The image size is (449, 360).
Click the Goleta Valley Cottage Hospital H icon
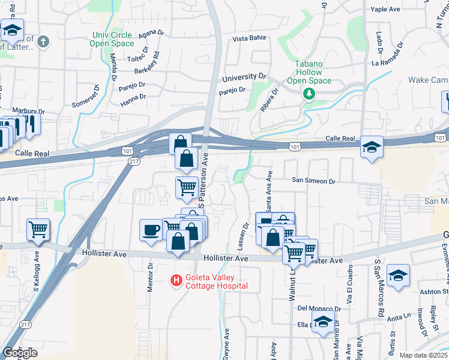coord(176,280)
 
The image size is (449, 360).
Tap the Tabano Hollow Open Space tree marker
coord(309,94)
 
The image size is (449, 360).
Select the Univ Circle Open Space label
coord(112,39)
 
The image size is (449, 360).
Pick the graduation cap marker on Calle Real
coord(372,147)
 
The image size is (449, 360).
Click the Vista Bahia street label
coord(249,39)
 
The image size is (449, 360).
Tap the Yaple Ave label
coord(385,10)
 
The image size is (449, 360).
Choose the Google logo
coord(20,353)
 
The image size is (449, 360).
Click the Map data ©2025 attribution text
coord(423,355)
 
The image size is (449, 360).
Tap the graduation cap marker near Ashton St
coord(398,275)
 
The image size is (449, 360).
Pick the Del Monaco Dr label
coord(319,308)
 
